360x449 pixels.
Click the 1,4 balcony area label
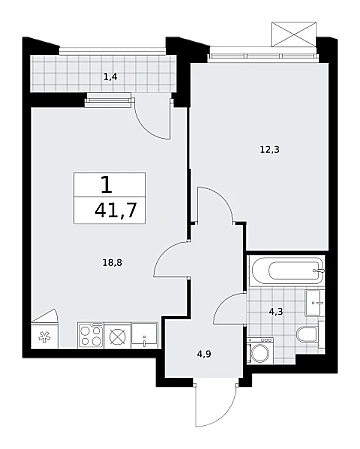click(x=110, y=77)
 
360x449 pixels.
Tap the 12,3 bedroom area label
click(x=269, y=150)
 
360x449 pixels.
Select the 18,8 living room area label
click(x=112, y=263)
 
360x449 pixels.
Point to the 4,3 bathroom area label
click(x=276, y=312)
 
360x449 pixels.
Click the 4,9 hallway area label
click(x=204, y=354)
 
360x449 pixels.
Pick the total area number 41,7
click(x=116, y=210)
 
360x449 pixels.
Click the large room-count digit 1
click(x=107, y=185)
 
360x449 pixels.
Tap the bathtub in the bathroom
click(x=287, y=271)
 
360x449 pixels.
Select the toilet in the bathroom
click(x=307, y=334)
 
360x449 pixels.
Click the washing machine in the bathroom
click(x=261, y=351)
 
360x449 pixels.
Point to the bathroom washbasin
click(x=314, y=303)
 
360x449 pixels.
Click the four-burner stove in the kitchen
click(x=90, y=336)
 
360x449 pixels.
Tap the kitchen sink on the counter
click(x=144, y=335)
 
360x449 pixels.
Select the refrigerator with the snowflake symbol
click(x=44, y=336)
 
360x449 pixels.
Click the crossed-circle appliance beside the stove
click(x=117, y=336)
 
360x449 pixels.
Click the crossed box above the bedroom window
click(x=294, y=34)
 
